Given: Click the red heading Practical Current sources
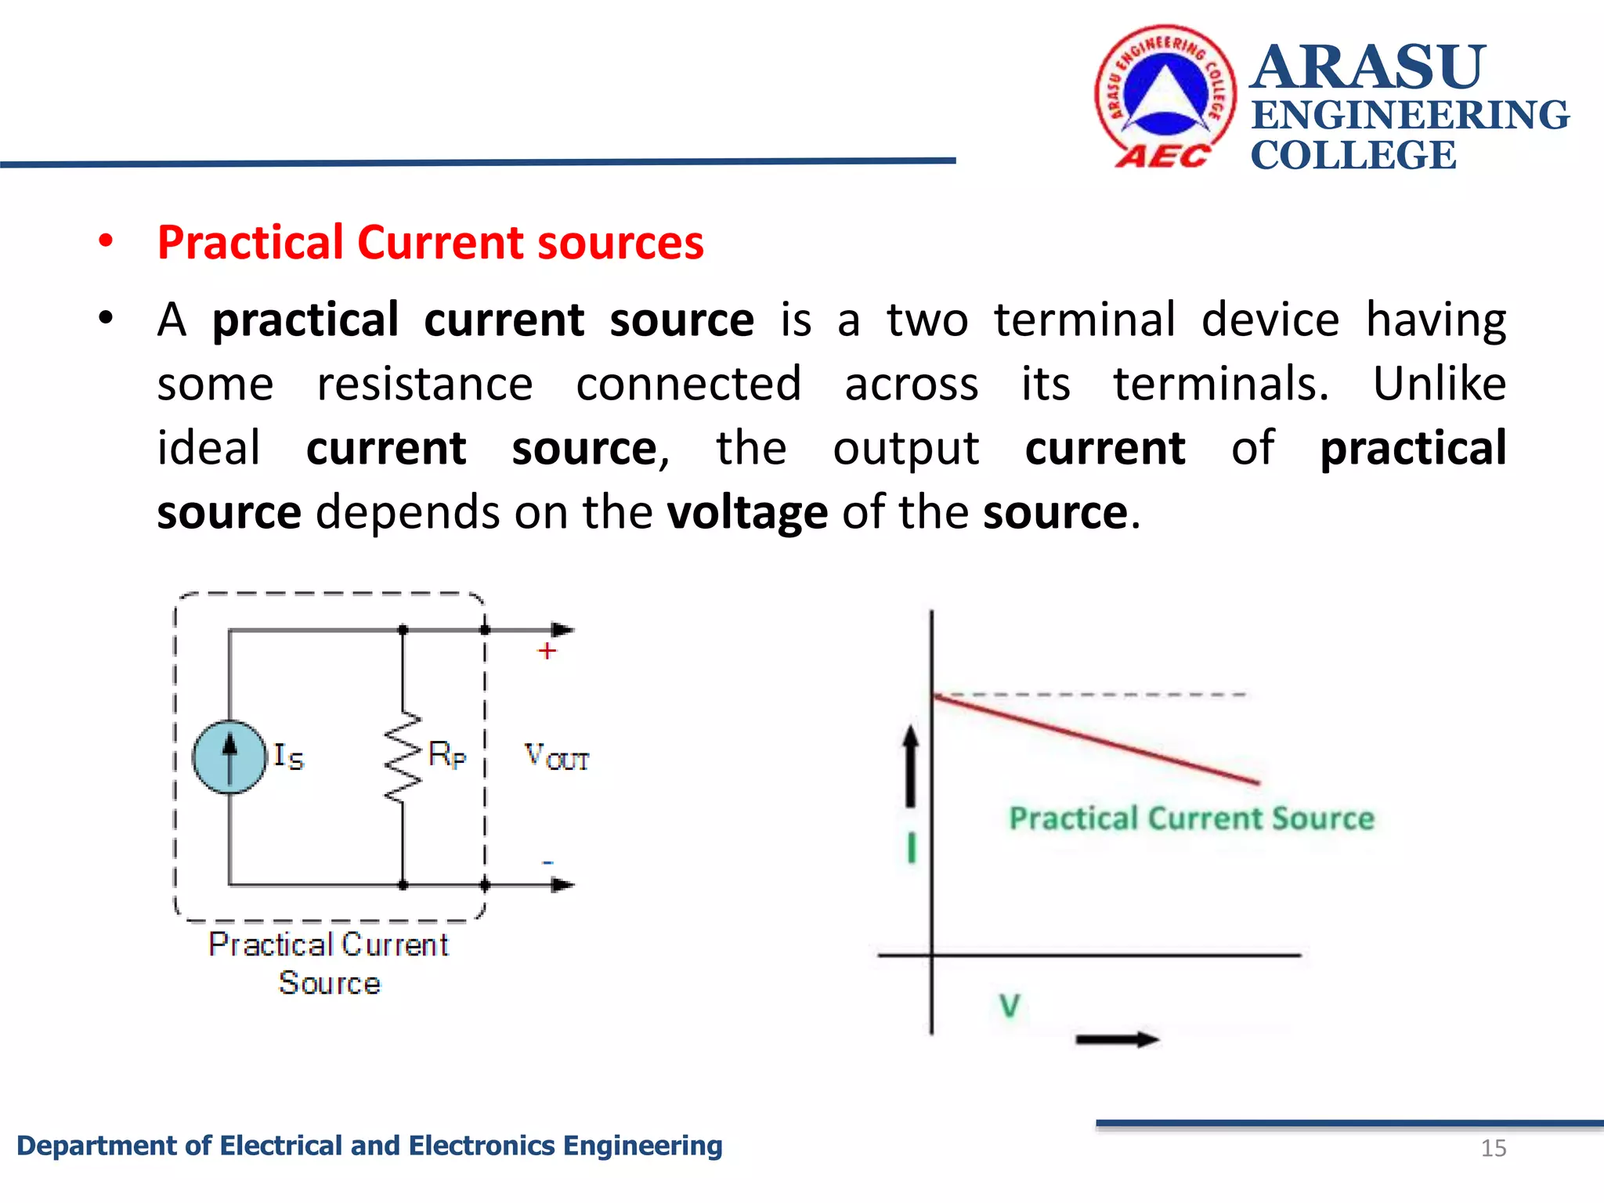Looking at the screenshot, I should tap(430, 242).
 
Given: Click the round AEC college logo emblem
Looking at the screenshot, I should tap(1165, 96).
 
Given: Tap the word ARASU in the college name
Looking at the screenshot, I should tap(1367, 67).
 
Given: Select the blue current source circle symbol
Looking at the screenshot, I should tap(229, 757).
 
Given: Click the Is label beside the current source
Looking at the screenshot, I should tap(288, 757).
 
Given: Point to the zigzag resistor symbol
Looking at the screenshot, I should tap(403, 757).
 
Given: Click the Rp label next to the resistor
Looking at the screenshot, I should tap(447, 755).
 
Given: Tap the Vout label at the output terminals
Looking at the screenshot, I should tap(556, 757).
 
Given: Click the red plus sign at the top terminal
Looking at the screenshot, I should tap(547, 651).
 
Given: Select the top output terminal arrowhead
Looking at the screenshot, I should tap(562, 630).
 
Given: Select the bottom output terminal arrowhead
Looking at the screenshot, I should tap(562, 885).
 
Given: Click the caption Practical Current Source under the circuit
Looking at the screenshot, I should tap(329, 963).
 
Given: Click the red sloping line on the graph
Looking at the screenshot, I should tap(1096, 739).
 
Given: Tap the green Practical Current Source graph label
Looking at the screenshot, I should tap(1191, 818).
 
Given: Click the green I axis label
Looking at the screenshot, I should tap(911, 847).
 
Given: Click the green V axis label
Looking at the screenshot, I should tap(1010, 1006).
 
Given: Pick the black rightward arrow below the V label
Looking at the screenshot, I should tap(1117, 1040).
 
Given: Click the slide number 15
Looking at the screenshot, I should tap(1494, 1148).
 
